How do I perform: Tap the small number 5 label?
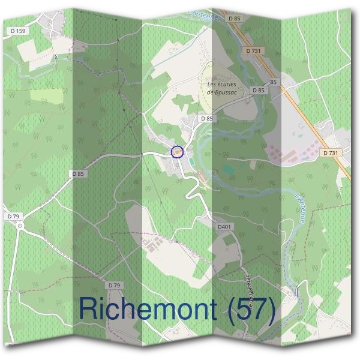tap(56, 57)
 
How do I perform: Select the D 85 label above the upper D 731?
tap(234, 19)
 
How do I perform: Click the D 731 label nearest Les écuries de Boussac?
tap(254, 51)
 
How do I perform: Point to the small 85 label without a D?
tap(274, 82)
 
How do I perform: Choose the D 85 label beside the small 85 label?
tap(258, 90)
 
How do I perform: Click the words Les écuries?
tap(221, 85)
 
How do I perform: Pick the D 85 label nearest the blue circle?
tap(207, 119)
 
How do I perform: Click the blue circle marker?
tap(176, 152)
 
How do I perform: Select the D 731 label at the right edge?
tap(330, 153)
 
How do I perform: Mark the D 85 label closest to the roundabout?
tap(77, 174)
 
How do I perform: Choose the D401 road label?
tap(224, 227)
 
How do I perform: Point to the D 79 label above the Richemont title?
tap(113, 284)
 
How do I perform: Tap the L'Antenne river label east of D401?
tap(300, 208)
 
